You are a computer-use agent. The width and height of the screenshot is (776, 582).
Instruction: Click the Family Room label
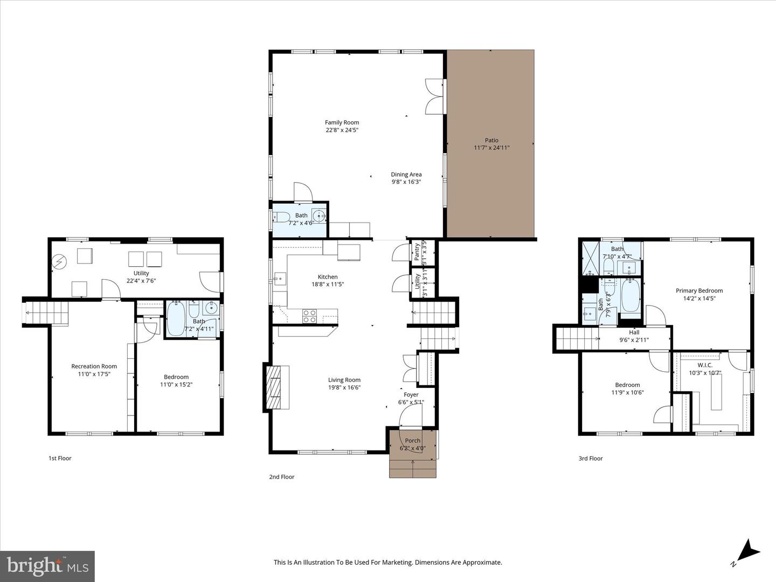click(x=342, y=122)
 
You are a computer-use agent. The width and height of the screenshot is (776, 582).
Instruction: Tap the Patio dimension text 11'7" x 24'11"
click(x=491, y=148)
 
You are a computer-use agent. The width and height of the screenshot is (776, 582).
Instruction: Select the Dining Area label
click(x=406, y=174)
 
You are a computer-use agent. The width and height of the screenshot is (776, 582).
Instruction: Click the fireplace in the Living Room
click(x=276, y=387)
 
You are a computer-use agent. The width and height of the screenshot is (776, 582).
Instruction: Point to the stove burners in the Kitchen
click(x=309, y=316)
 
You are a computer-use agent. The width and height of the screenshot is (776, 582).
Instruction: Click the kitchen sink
click(x=279, y=279)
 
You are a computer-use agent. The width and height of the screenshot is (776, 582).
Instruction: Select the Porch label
click(x=413, y=440)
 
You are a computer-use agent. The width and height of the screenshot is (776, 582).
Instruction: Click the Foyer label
click(x=411, y=394)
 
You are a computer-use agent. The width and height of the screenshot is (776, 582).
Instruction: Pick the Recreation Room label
click(x=94, y=366)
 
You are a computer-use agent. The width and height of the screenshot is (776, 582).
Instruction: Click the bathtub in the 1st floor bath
click(x=176, y=319)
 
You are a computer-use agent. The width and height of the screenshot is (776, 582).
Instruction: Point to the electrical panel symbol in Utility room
click(x=59, y=262)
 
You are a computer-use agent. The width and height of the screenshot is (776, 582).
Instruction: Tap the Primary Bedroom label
click(x=699, y=290)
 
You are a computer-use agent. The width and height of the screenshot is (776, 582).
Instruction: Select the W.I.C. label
click(x=705, y=365)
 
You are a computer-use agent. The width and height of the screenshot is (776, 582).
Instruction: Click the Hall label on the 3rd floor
click(x=634, y=332)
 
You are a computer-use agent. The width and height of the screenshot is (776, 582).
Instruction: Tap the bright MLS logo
click(x=47, y=566)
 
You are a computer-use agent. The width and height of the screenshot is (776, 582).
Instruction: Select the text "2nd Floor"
click(x=282, y=476)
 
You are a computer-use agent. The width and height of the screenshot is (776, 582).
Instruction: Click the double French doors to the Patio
click(x=435, y=96)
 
